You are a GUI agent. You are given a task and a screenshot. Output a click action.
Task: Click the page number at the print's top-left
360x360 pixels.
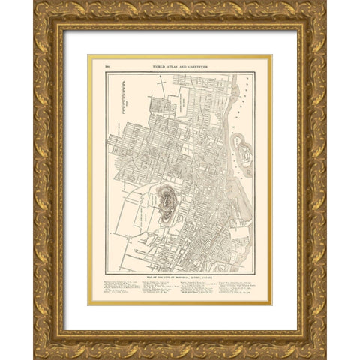pos(97,67)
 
